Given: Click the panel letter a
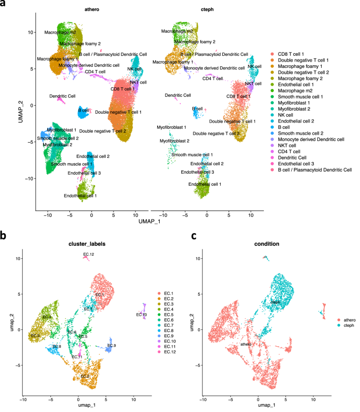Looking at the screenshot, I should tap(4, 5).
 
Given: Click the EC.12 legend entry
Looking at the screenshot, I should tap(170, 351).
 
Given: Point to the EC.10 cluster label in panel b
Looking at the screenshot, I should tap(141, 315).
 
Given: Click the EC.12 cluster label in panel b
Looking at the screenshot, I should tap(88, 255).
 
